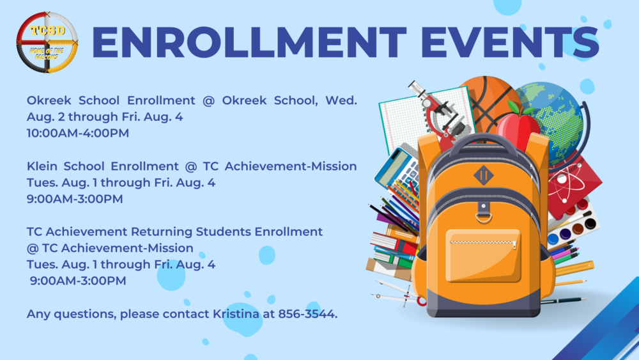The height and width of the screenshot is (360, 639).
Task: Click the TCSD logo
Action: [47, 43]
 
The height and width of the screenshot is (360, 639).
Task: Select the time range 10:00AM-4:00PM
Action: [78, 133]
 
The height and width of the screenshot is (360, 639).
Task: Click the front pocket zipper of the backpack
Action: [482, 242]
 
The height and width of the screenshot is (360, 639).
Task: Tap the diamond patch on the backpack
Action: [483, 174]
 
